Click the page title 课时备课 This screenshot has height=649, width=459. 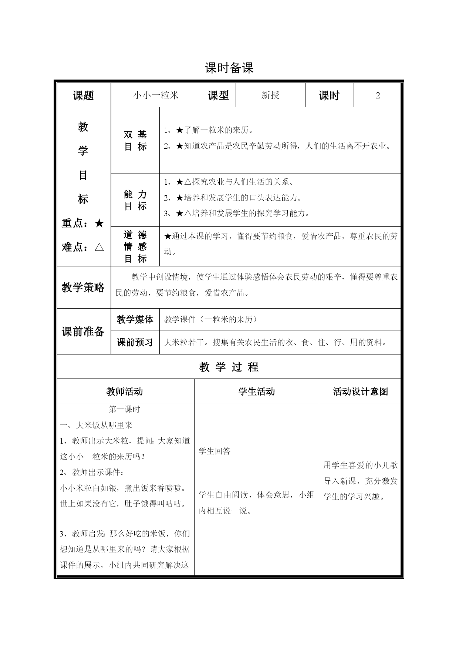click(229, 68)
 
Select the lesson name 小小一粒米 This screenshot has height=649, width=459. click(156, 95)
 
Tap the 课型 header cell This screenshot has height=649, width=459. click(218, 95)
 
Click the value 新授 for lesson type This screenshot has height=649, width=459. click(270, 95)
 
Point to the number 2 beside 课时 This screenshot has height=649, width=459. click(378, 95)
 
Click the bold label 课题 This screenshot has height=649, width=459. click(84, 95)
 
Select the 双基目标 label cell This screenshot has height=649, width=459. click(135, 141)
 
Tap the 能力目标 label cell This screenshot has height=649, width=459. click(135, 200)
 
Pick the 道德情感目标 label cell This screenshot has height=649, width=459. click(135, 246)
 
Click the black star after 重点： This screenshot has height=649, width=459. click(99, 223)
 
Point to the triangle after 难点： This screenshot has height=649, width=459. click(99, 247)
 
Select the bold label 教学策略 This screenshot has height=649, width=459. click(83, 287)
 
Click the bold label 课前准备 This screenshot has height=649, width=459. click(83, 332)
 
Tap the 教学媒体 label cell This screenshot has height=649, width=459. click(135, 319)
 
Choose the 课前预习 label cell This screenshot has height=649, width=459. click(135, 342)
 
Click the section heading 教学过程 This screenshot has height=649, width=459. click(229, 367)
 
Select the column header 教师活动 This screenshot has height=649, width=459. click(125, 391)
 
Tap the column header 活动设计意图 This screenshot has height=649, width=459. click(360, 391)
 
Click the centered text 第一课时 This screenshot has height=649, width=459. click(124, 409)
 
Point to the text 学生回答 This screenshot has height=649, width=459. click(215, 451)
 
